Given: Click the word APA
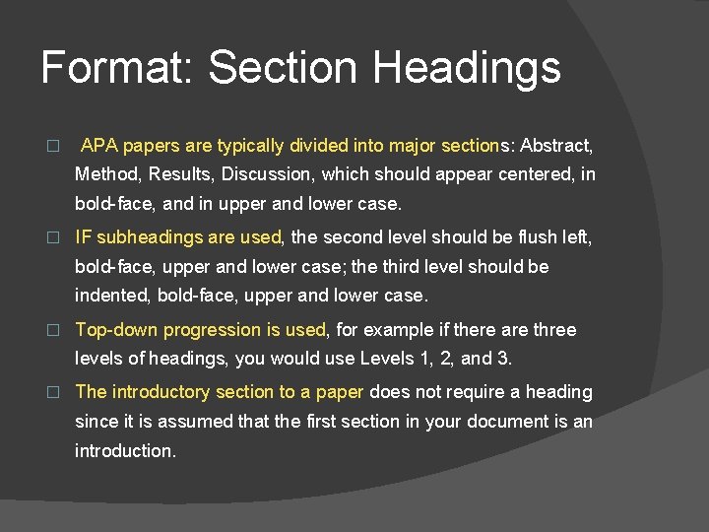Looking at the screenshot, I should (98, 146).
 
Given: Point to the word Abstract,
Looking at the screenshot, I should (556, 146).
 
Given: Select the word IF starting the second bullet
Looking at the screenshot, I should (84, 237).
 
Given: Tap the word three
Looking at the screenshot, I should (553, 330).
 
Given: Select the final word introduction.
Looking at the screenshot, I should (126, 451).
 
